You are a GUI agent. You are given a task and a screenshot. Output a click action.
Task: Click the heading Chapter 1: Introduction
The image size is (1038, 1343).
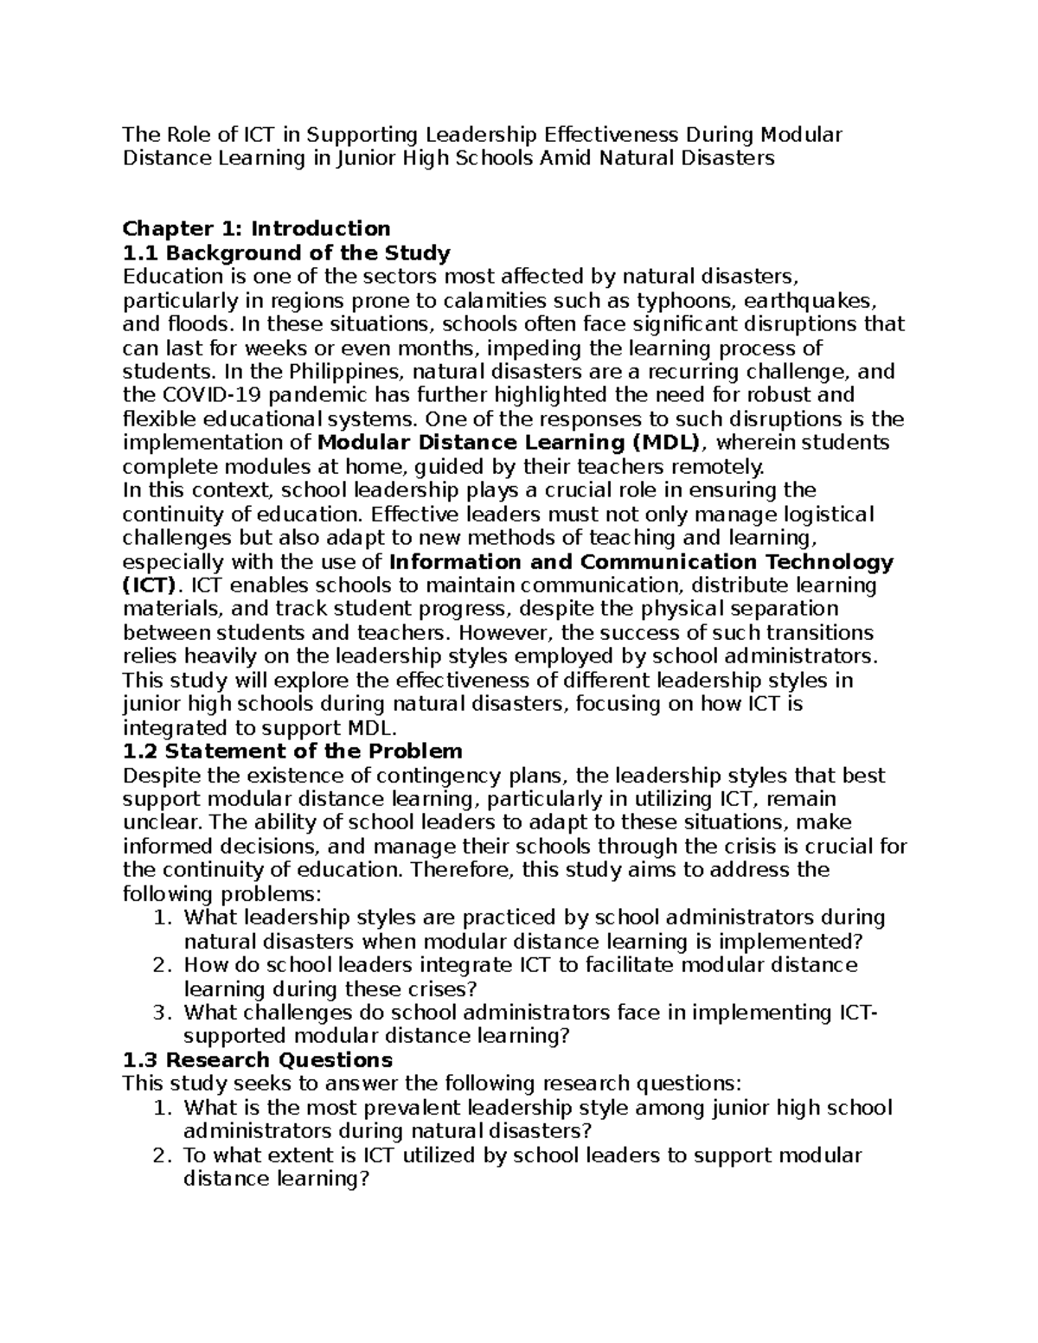click(256, 228)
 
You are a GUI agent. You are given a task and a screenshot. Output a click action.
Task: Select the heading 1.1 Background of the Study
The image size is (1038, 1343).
click(286, 253)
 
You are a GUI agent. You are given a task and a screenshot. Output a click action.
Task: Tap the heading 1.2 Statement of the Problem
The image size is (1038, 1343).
click(292, 751)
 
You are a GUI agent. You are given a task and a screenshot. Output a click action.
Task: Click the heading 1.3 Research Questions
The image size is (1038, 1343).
click(258, 1060)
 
